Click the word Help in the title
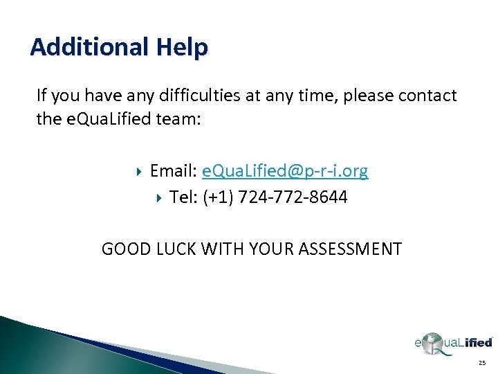pos(182,47)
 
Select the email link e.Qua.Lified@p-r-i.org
pos(285,171)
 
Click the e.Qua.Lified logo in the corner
pos(452,342)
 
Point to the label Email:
pos(173,171)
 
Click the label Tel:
pos(184,198)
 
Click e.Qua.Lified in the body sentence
pos(100,119)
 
